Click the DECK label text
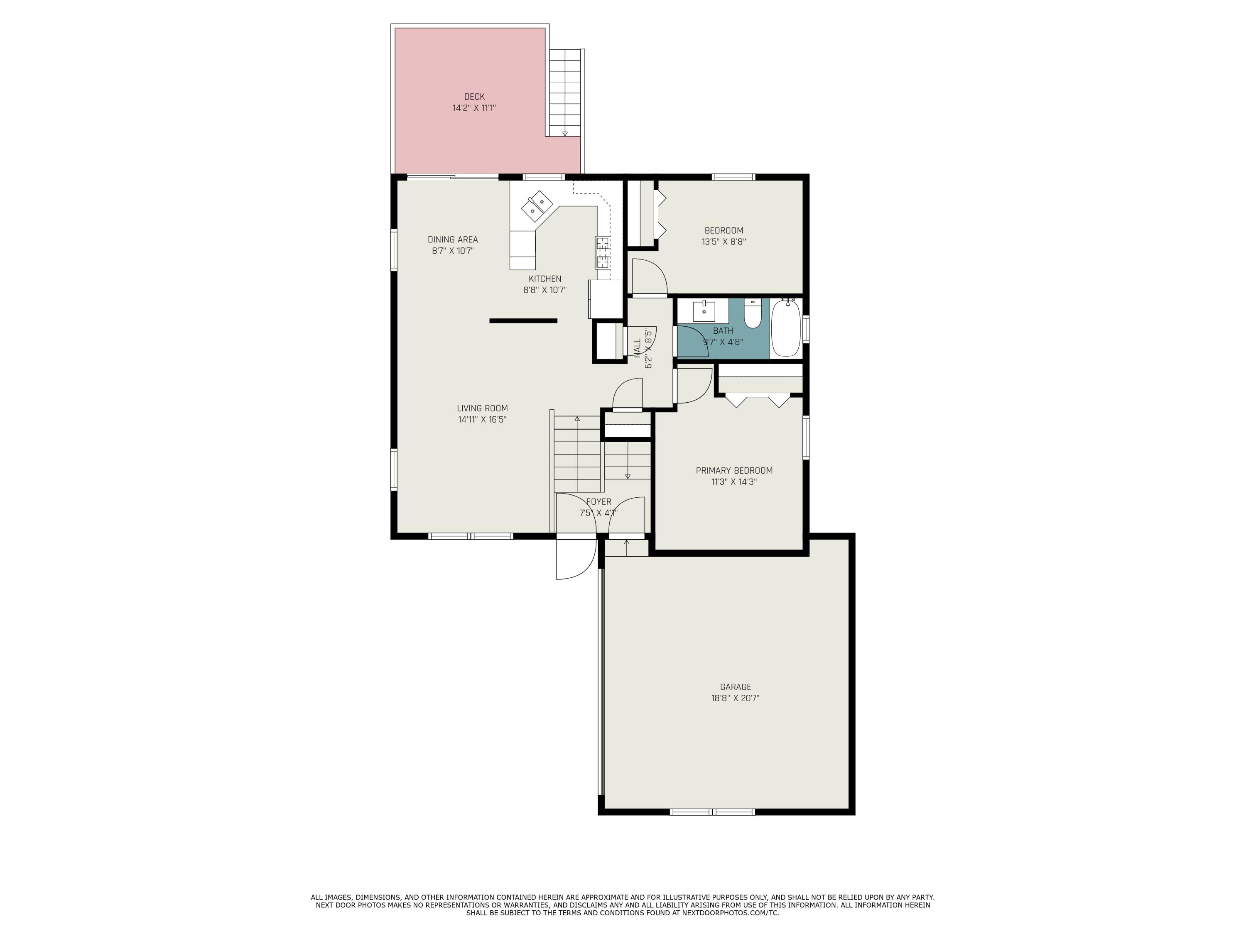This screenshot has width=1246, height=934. coord(474,97)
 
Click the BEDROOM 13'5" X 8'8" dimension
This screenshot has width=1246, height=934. coord(724,242)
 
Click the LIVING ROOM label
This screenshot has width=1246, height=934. coord(482,408)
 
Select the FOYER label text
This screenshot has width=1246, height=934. coord(598,501)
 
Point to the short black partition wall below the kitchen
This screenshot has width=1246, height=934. coord(523,321)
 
